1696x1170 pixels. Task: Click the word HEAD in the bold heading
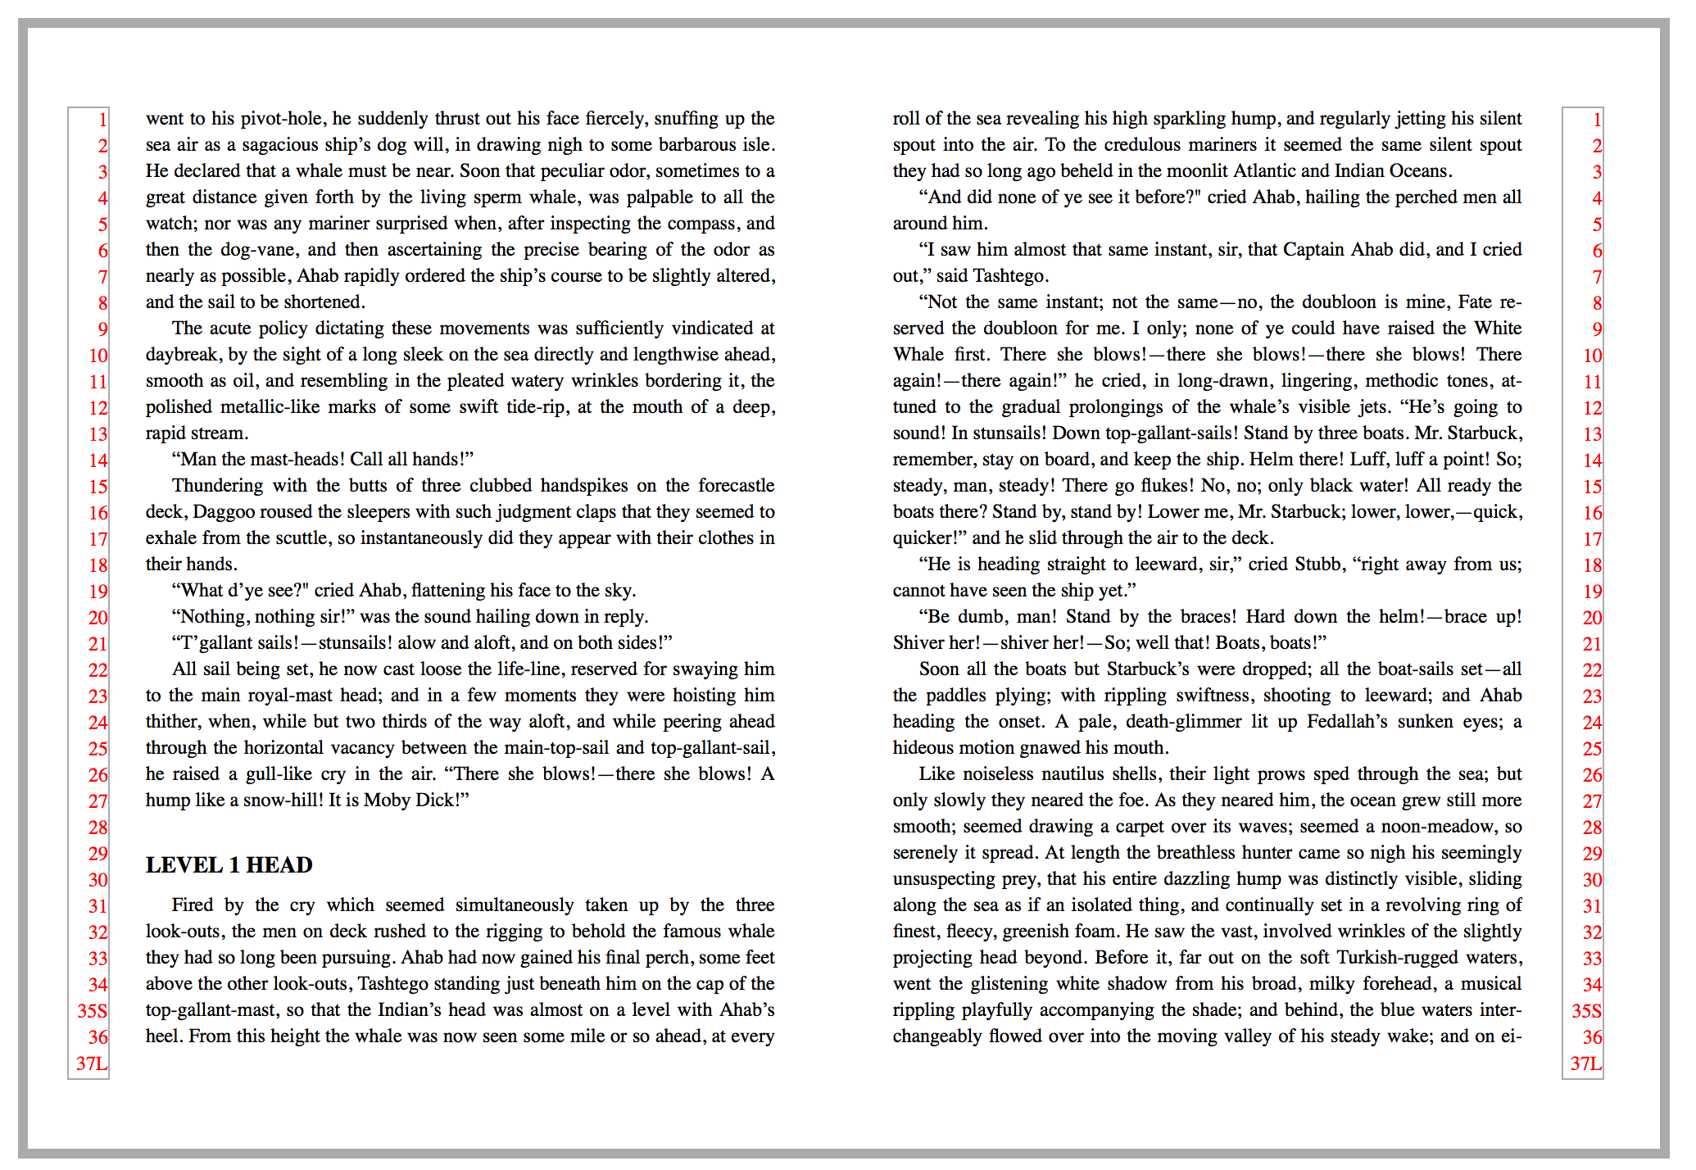pos(279,865)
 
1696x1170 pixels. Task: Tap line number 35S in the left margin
pos(93,1011)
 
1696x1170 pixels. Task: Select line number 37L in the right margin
pos(1585,1063)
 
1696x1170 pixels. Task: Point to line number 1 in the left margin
pos(102,120)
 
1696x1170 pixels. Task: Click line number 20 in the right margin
pos(1592,618)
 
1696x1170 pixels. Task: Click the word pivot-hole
pos(283,119)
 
